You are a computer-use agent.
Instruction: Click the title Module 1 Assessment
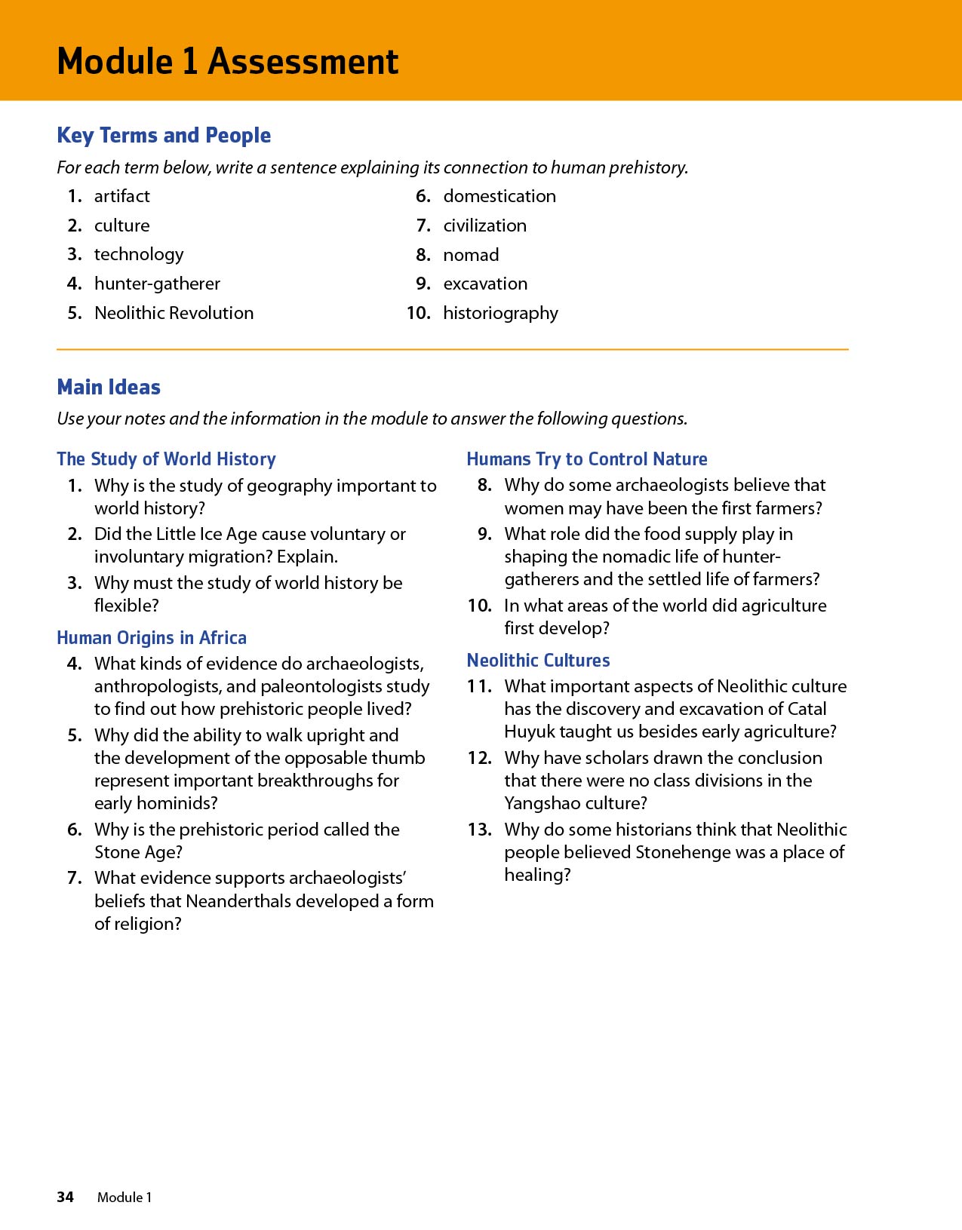[227, 61]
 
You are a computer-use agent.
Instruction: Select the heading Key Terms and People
[164, 136]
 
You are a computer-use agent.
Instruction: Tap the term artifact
[121, 196]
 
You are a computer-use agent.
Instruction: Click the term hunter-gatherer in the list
[157, 284]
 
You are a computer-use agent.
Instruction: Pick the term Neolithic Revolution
[174, 313]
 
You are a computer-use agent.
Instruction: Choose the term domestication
[499, 196]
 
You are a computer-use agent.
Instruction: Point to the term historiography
[500, 313]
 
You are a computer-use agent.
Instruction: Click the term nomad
[471, 255]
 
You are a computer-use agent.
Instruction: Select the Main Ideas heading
[109, 388]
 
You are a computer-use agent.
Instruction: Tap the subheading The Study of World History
[166, 459]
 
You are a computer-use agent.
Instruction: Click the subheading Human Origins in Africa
[152, 638]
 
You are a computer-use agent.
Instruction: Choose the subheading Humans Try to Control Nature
[587, 459]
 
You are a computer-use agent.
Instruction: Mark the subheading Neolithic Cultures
[538, 661]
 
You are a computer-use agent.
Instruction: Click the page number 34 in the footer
[66, 1197]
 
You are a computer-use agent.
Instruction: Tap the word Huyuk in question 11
[529, 732]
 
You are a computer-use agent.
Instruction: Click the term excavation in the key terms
[485, 284]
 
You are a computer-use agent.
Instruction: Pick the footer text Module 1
[124, 1197]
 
